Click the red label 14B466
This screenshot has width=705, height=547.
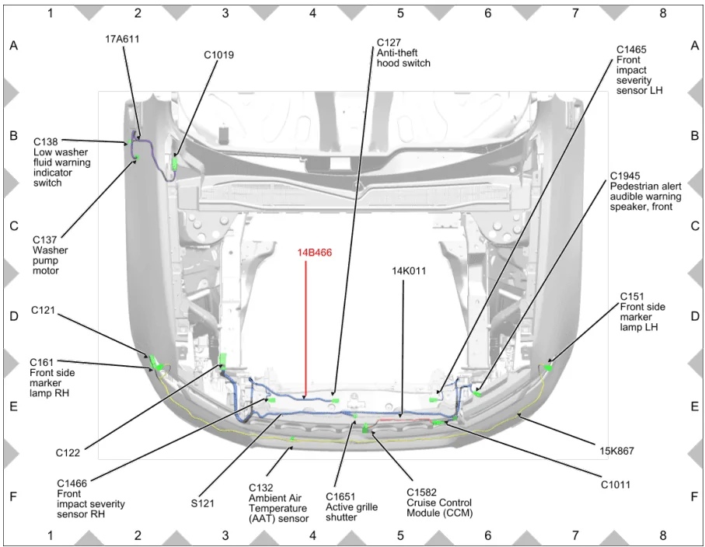coord(314,253)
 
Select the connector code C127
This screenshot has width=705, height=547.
coord(389,43)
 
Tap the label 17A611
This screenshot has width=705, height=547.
coord(122,39)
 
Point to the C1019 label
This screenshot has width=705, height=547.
coord(219,55)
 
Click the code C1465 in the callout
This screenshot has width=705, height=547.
coord(631,50)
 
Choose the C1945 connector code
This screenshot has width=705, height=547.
coord(625,176)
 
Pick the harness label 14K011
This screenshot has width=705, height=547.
coord(409,271)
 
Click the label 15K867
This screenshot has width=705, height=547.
coord(617,451)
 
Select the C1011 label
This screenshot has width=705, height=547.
coord(616,485)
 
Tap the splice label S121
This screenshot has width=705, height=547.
coord(202,503)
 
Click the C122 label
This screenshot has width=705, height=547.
coord(68,453)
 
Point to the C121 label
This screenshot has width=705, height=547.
coord(44,310)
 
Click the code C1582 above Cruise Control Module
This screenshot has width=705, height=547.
coord(422,493)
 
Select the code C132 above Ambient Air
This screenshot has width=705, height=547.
coord(260,488)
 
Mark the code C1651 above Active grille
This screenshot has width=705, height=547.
coord(340,496)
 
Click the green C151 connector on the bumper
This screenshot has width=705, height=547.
coord(548,368)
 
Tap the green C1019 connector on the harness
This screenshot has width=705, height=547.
coord(175,162)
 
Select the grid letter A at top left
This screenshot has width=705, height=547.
coord(14,45)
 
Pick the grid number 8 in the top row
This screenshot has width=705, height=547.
coord(663,13)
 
